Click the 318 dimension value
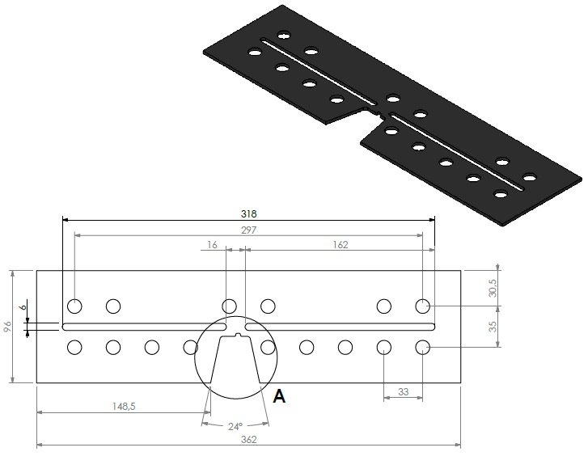248,214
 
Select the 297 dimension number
248,230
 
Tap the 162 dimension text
340,244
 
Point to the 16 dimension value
212,244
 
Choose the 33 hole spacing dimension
401,392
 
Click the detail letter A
280,396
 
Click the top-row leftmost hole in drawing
74,306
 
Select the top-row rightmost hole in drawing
422,306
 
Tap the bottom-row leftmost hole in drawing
74,348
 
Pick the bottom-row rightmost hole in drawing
422,348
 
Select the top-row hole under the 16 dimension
230,306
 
